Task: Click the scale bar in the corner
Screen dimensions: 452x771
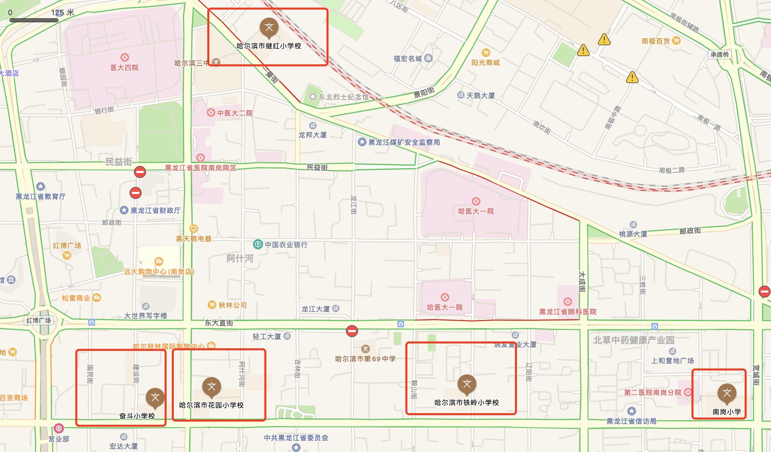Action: tap(34, 20)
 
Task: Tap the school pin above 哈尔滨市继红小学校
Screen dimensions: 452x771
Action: tap(269, 27)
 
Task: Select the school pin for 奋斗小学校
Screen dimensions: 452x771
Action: tap(155, 398)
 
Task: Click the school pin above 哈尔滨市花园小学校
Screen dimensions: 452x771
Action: tap(212, 387)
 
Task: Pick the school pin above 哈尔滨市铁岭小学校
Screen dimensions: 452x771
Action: tap(467, 384)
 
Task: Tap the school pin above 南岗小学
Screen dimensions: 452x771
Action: tap(727, 393)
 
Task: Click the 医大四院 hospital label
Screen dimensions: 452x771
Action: tap(124, 68)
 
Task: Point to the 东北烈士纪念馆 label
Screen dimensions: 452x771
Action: tap(343, 97)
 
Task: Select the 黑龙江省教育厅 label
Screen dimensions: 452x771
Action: tap(41, 196)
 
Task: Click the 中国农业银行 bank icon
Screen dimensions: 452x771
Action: tap(258, 244)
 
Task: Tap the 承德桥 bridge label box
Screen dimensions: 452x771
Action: tap(720, 54)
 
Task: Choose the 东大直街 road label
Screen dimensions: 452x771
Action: tap(219, 323)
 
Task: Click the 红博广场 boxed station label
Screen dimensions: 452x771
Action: tap(39, 320)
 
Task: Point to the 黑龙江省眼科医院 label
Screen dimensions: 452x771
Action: tap(568, 311)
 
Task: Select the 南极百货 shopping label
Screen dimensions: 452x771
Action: tap(656, 41)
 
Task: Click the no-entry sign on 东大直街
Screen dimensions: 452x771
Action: tap(352, 331)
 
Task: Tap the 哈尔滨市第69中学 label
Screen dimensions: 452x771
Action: tap(365, 359)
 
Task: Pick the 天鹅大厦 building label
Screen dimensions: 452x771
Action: tap(481, 96)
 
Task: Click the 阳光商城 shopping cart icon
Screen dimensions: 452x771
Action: tap(486, 53)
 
